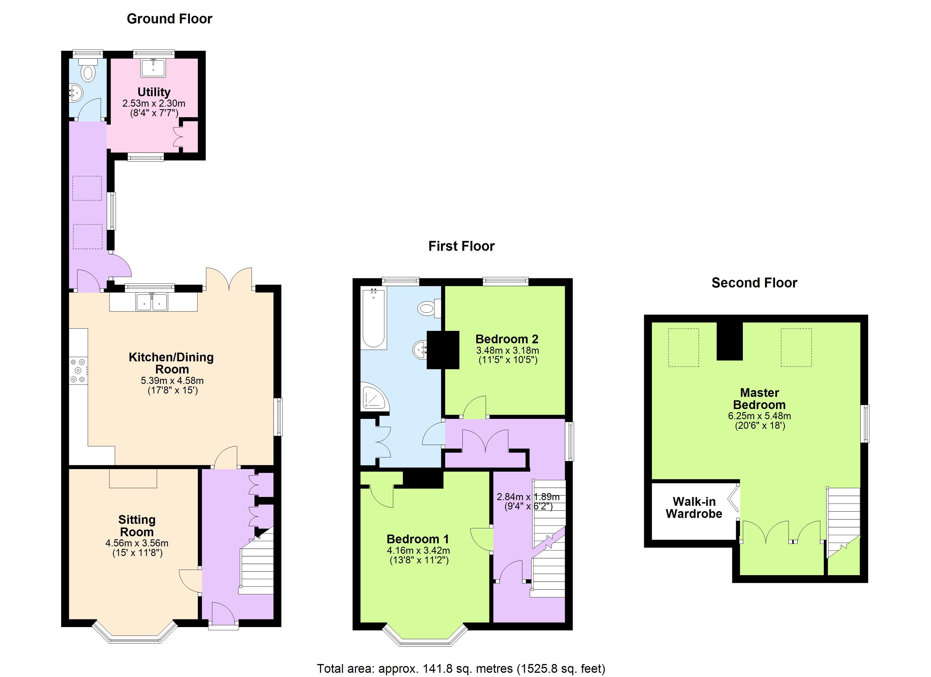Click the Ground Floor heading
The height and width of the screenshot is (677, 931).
(170, 19)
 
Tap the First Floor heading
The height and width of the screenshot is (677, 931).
(461, 246)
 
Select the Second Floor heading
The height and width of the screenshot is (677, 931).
(754, 283)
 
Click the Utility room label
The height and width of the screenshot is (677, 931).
(154, 92)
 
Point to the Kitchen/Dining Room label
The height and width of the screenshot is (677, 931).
(172, 363)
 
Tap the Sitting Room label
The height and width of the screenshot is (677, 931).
(137, 526)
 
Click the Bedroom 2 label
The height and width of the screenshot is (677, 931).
(507, 339)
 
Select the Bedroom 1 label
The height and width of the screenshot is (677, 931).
(418, 539)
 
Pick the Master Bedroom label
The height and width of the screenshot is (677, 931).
(759, 399)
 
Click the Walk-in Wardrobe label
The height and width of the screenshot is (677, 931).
(694, 507)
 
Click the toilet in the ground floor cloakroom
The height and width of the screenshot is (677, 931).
(88, 70)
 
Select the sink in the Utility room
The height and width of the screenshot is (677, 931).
(153, 68)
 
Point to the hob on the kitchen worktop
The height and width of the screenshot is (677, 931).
(78, 371)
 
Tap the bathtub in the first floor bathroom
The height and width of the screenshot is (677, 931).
(374, 318)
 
